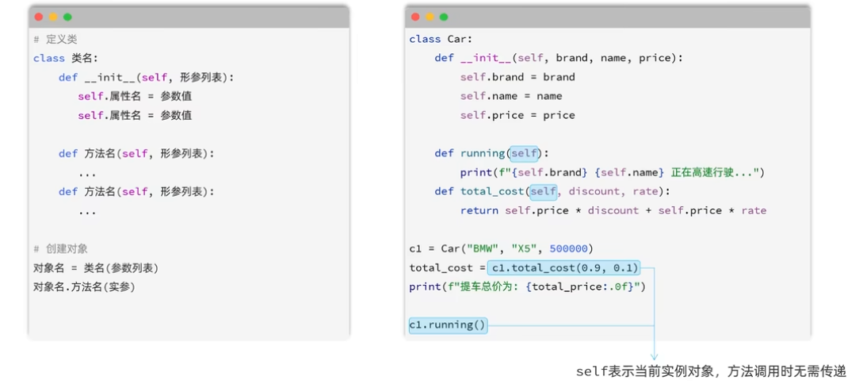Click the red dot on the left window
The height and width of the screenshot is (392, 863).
(39, 17)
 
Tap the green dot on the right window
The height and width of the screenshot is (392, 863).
(444, 17)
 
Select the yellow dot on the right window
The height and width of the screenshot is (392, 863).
(430, 17)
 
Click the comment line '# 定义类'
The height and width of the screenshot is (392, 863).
(55, 39)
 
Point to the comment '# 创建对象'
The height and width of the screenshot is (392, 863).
(60, 248)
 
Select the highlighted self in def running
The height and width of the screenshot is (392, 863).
(524, 153)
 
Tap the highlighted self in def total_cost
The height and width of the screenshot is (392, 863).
(543, 191)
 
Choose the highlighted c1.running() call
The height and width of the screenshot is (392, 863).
(448, 325)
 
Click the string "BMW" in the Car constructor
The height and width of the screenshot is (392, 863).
(483, 248)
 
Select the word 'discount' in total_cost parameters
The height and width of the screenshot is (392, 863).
(594, 191)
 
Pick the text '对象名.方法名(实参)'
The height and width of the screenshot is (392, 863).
(84, 287)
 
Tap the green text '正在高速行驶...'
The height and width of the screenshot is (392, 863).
(712, 172)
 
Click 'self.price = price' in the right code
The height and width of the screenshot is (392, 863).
(518, 115)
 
